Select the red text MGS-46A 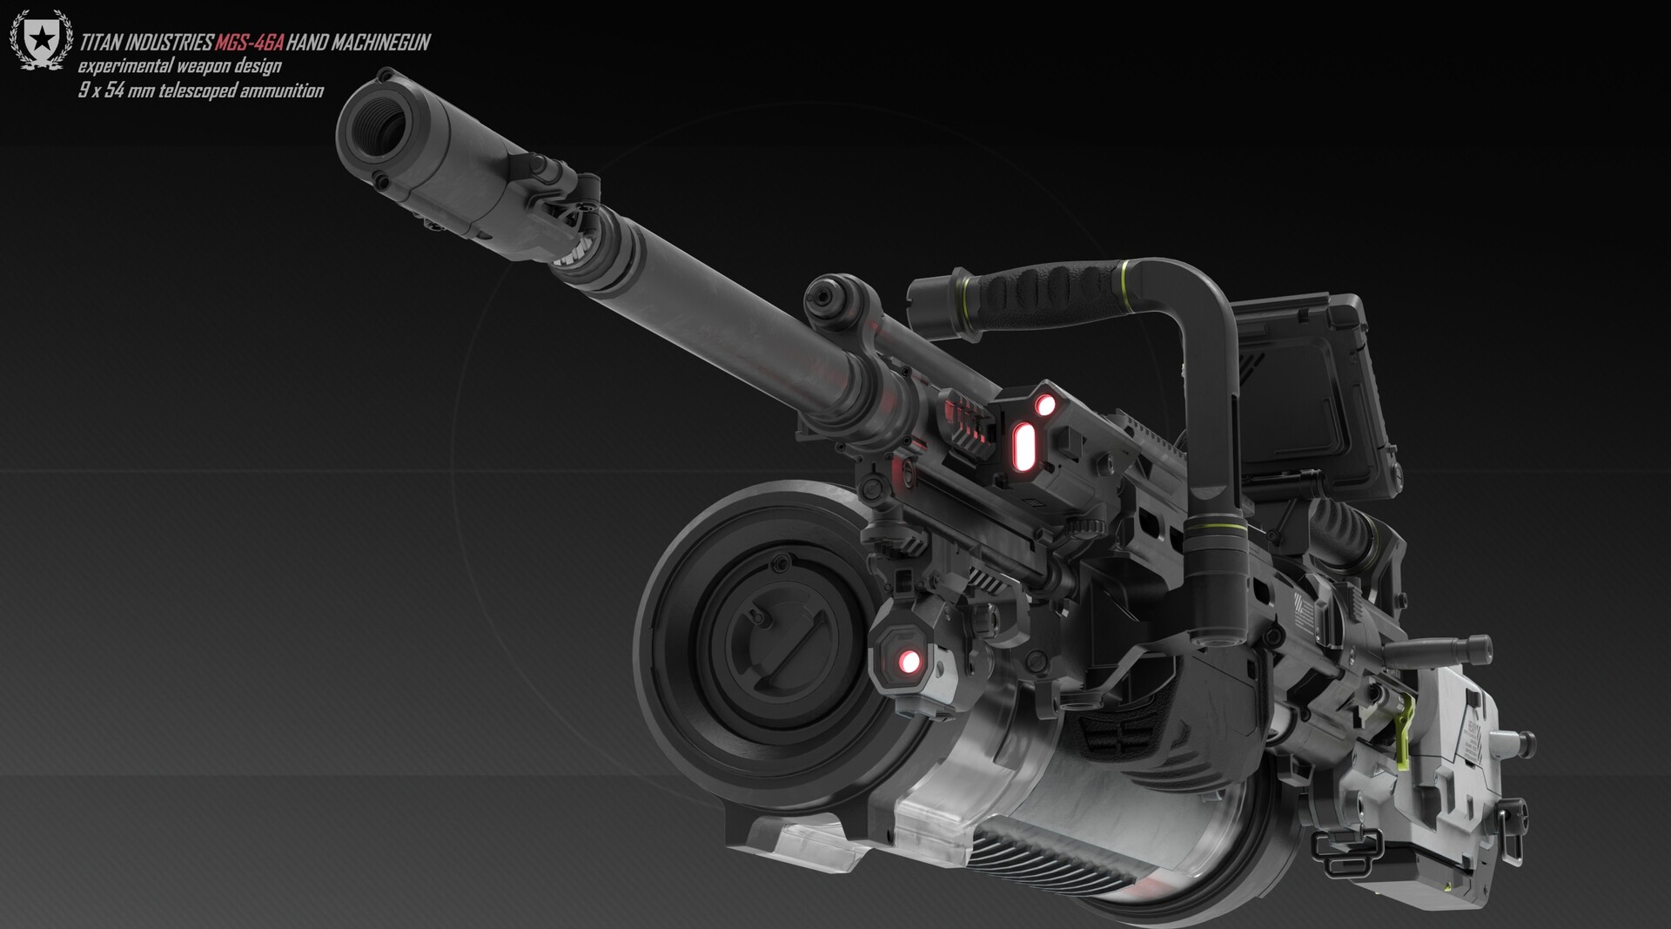click(250, 43)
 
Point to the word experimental click(125, 66)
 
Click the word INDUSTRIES click(171, 43)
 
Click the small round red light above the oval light click(1044, 404)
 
